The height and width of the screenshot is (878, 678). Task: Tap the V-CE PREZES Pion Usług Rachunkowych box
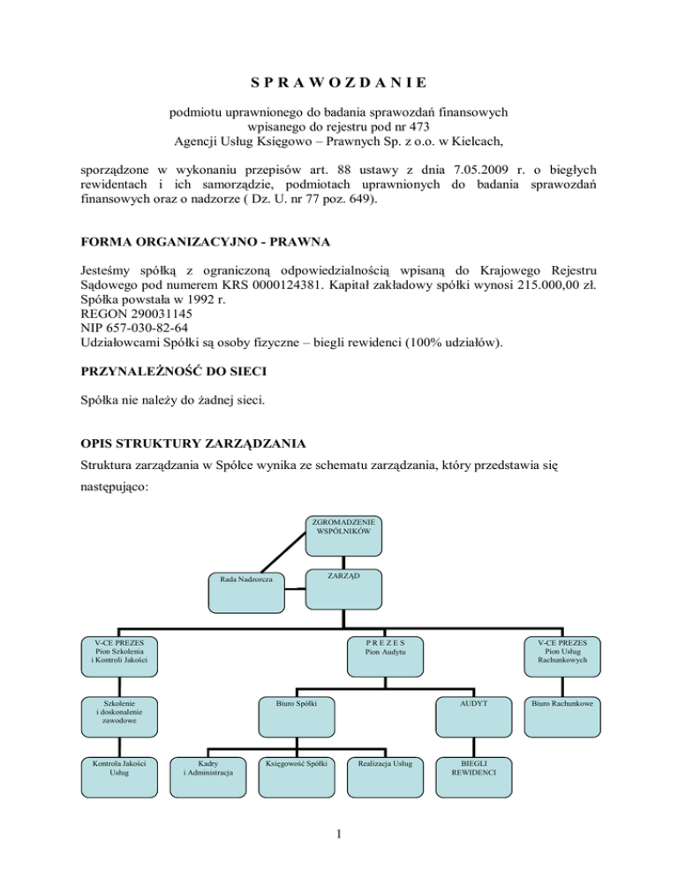[x=561, y=656]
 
